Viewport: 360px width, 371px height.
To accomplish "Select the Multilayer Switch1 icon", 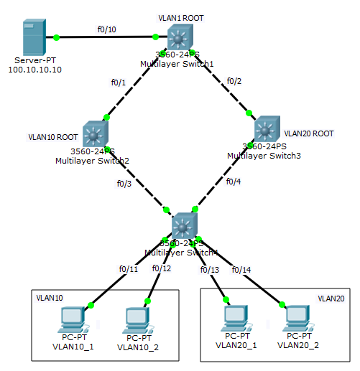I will tap(177, 37).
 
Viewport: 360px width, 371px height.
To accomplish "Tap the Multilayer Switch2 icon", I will tap(94, 133).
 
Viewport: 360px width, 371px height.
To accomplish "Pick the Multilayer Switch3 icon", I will tap(266, 129).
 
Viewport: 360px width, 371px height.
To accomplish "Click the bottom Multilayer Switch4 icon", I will tap(184, 227).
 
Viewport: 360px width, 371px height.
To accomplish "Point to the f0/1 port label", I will tap(119, 83).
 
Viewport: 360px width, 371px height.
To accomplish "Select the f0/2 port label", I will tap(235, 80).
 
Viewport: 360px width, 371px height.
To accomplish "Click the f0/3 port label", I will tap(124, 183).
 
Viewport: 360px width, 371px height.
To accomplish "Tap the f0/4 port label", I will tap(234, 182).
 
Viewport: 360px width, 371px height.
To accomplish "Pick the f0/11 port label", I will tap(129, 269).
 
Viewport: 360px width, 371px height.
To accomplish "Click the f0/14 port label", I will tap(242, 270).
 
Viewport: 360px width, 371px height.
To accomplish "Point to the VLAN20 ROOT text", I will tap(309, 133).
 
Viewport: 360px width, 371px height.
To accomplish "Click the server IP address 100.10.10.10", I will tap(34, 70).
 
